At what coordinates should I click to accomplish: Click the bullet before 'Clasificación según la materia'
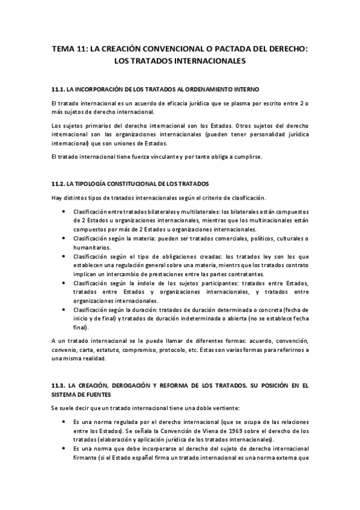(x=64, y=238)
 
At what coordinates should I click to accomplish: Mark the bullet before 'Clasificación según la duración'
(x=64, y=309)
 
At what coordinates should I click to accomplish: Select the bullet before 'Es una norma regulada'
(x=64, y=422)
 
